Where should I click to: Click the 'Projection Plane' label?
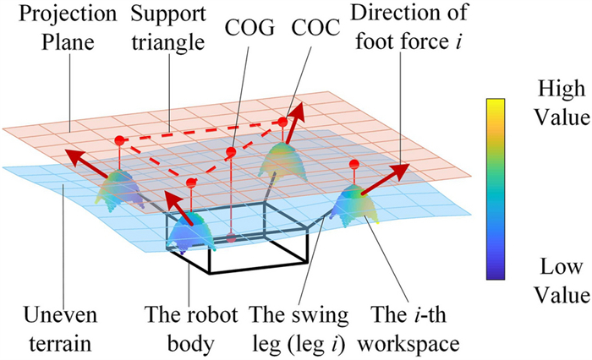pos(68,28)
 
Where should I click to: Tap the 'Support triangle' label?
pos(168,28)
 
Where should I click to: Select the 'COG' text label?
pos(249,28)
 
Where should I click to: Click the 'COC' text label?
pos(315,28)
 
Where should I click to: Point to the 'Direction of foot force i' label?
pos(409,28)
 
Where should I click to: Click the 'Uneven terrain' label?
pos(60,329)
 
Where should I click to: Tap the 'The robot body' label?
pos(191,329)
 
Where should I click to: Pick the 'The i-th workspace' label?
pos(408,329)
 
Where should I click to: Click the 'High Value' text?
pos(562,103)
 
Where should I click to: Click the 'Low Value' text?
pos(562,281)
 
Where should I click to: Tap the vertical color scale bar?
pos(496,189)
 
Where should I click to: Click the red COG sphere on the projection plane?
pos(231,152)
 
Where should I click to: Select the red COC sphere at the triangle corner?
pos(282,122)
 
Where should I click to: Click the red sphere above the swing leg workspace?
pos(354,164)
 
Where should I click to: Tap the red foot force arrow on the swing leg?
pos(385,179)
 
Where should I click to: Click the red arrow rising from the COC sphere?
pos(295,123)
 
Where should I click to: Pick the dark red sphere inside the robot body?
pos(231,237)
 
